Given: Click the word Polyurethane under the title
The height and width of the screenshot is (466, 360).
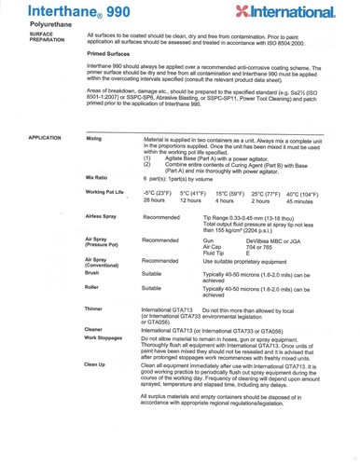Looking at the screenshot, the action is point(39,28).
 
